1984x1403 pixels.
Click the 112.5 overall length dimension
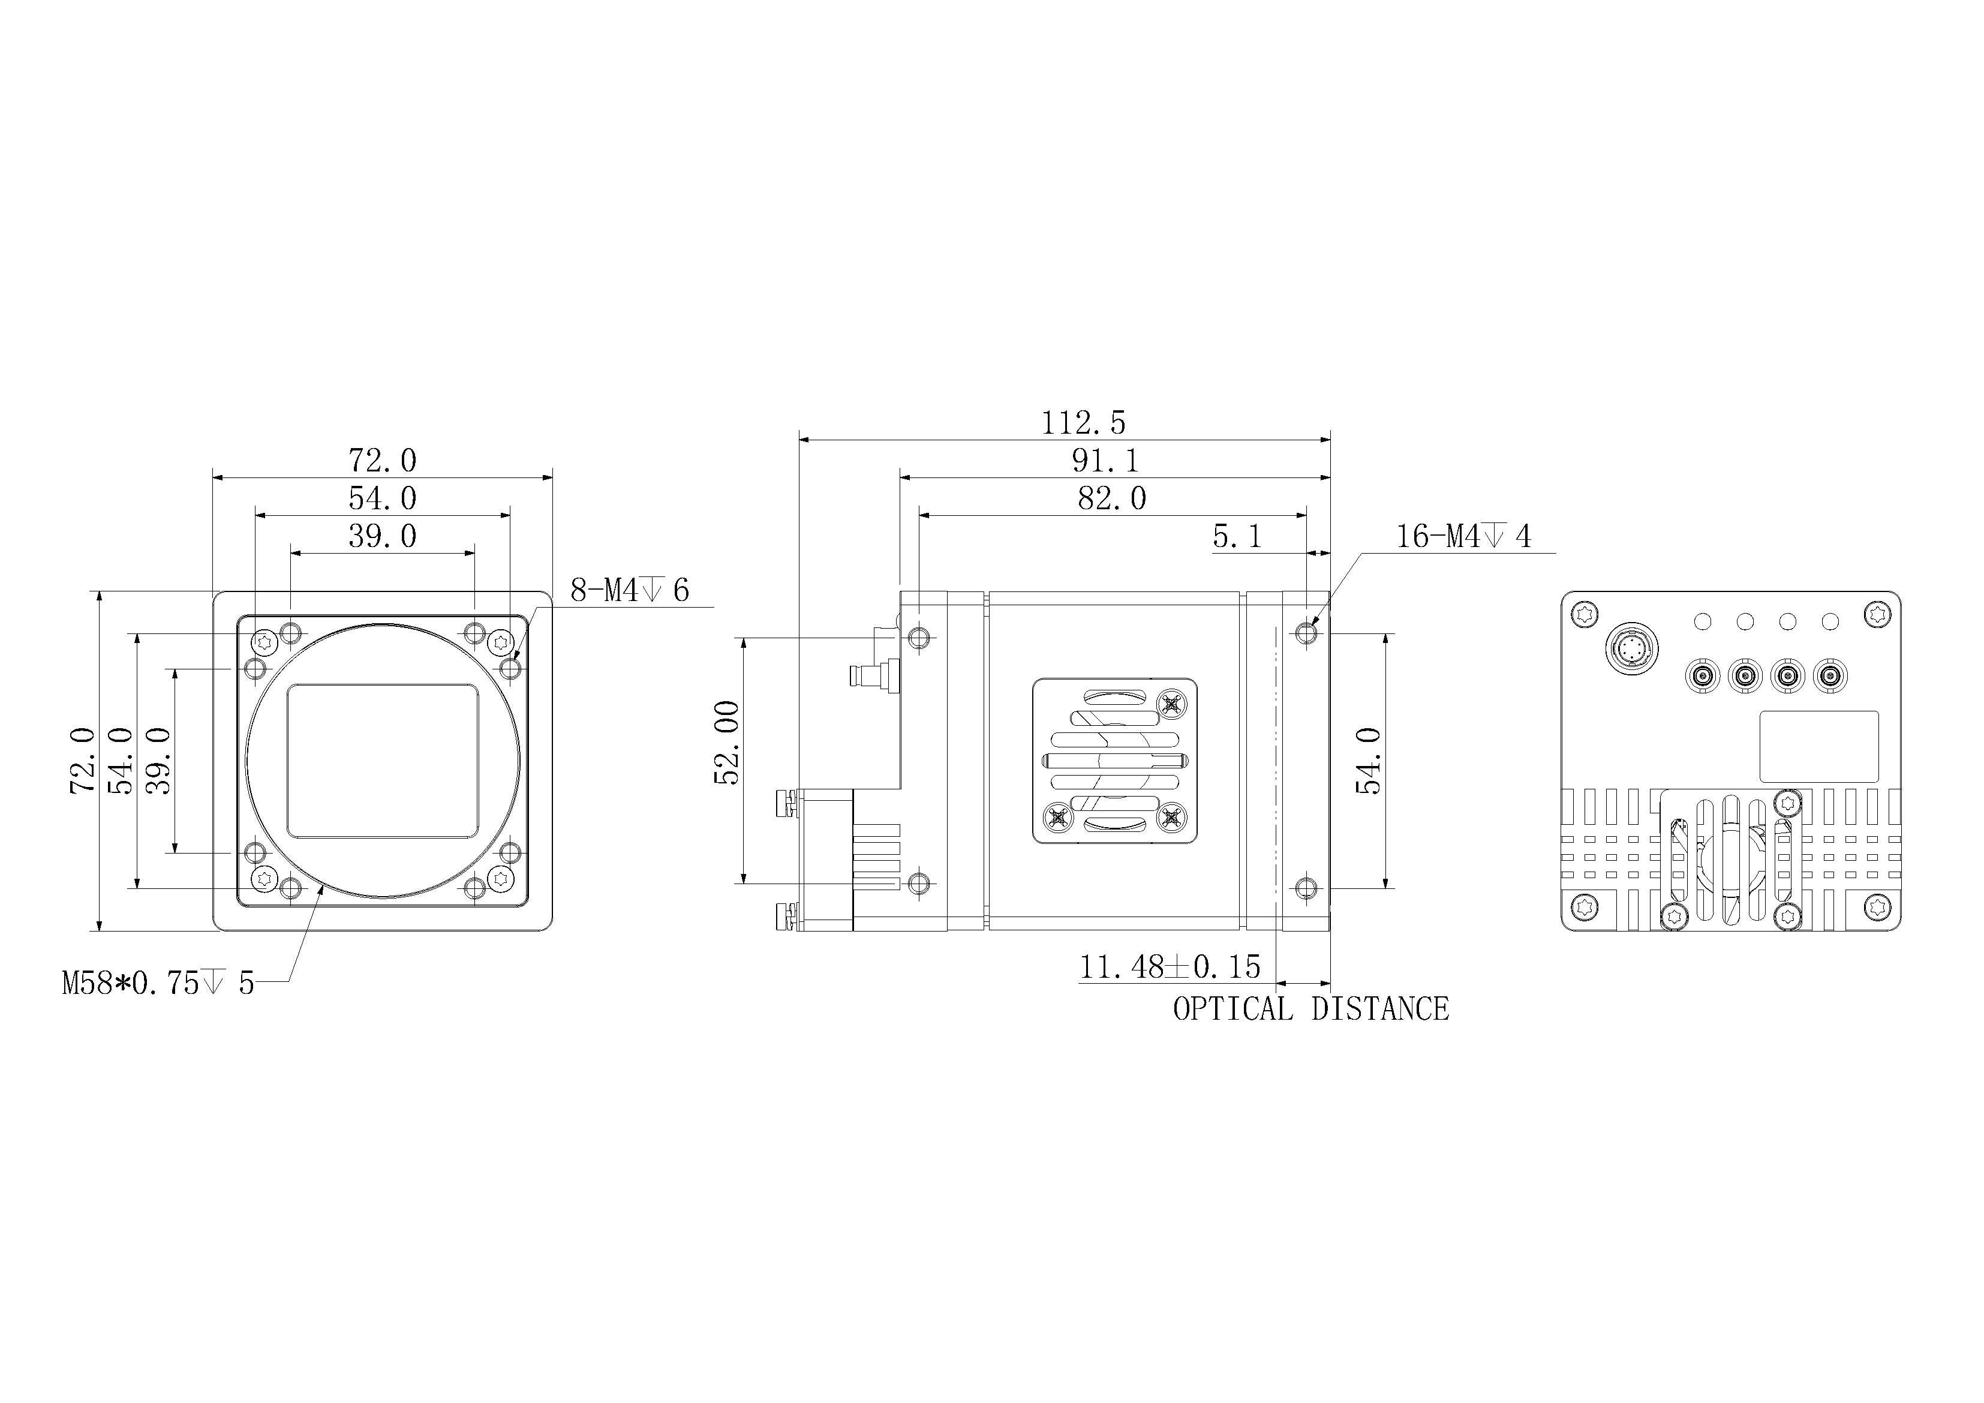1084,423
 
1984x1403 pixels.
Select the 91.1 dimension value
1105,461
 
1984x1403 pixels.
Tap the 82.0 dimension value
1112,499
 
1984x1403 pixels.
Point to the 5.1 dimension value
1237,537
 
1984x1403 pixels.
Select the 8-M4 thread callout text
630,590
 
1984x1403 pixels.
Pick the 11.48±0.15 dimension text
1170,966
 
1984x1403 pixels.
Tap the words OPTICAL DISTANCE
1311,1009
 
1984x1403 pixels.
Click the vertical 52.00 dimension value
727,743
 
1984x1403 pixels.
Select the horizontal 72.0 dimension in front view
382,461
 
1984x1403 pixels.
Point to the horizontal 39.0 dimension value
382,537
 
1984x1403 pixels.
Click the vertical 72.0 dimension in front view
82,761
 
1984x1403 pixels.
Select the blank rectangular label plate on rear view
1819,747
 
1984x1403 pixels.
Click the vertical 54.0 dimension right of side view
1368,761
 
